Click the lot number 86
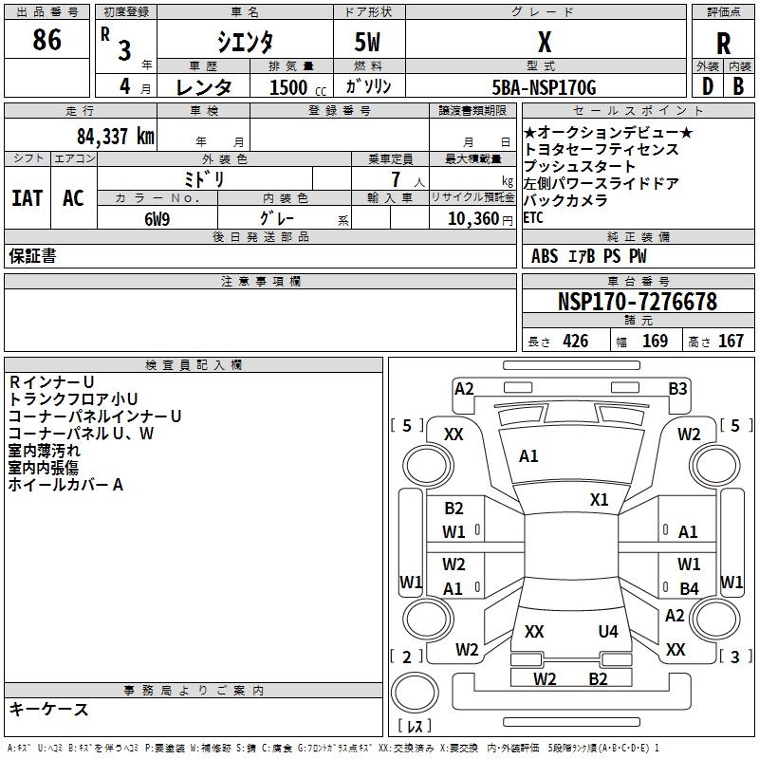click(x=46, y=41)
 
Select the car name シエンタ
click(x=247, y=42)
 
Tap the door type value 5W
click(x=369, y=42)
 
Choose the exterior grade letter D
click(x=707, y=86)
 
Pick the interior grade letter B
click(x=738, y=86)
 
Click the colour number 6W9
click(x=157, y=218)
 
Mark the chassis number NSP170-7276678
click(x=637, y=302)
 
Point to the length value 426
click(x=575, y=342)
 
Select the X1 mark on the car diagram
click(x=599, y=500)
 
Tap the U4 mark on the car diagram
click(x=608, y=631)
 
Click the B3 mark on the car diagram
click(x=677, y=388)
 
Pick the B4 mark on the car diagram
click(x=689, y=589)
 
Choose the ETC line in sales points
click(x=534, y=217)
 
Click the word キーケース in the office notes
click(x=49, y=709)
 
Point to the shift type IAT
click(x=28, y=197)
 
